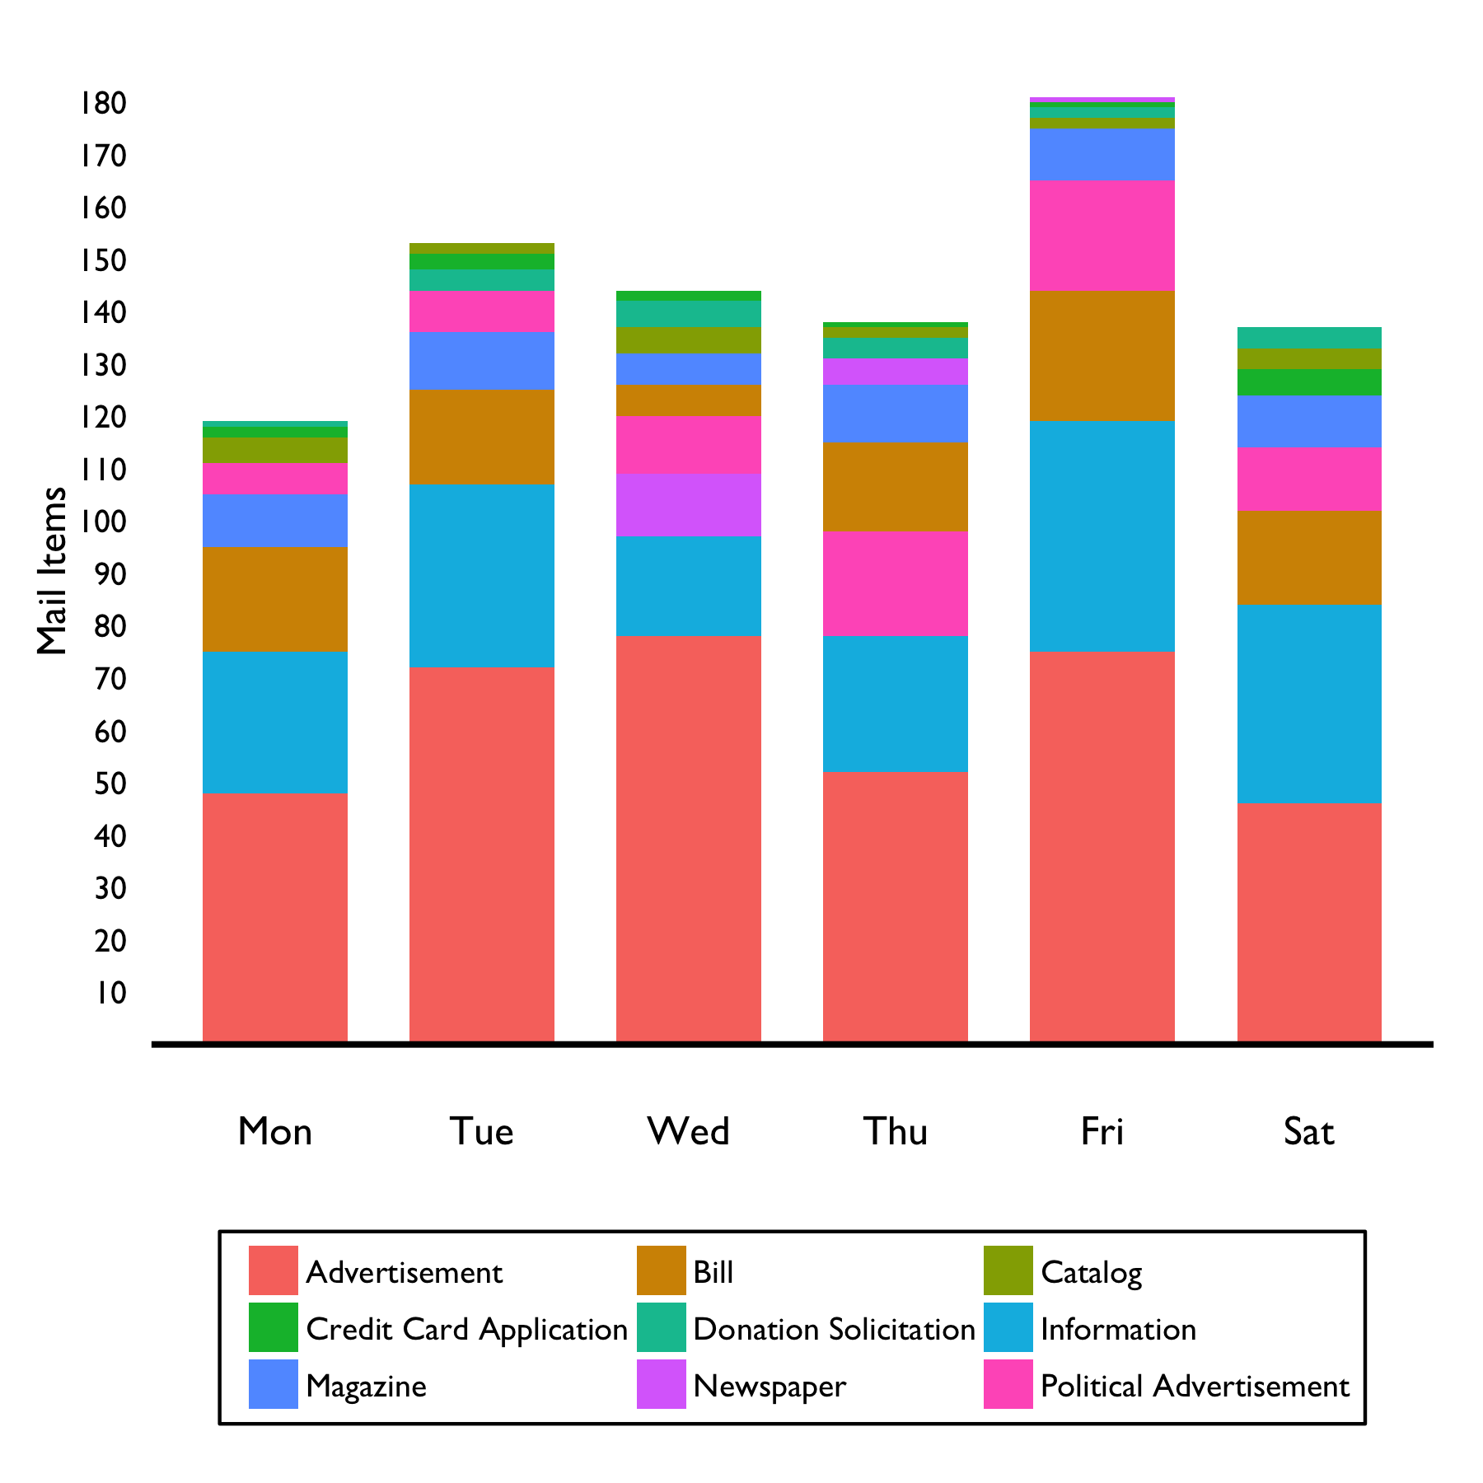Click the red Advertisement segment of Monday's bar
(274, 917)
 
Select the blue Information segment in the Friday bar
(1102, 536)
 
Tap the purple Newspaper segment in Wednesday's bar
(688, 505)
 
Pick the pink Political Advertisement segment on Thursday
(895, 583)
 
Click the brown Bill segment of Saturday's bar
(1308, 557)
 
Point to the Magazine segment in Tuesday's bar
(481, 361)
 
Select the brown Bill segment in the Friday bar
(1102, 356)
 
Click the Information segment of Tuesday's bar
(481, 575)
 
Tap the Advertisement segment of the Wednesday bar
(688, 838)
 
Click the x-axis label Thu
(895, 1131)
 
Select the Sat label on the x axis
(1308, 1131)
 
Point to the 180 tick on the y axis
(103, 104)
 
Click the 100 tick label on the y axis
(103, 522)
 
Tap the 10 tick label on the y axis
(110, 992)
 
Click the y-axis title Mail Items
(51, 570)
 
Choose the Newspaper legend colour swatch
(661, 1384)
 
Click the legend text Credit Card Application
(466, 1329)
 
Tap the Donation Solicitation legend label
(834, 1329)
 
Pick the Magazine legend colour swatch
(273, 1384)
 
